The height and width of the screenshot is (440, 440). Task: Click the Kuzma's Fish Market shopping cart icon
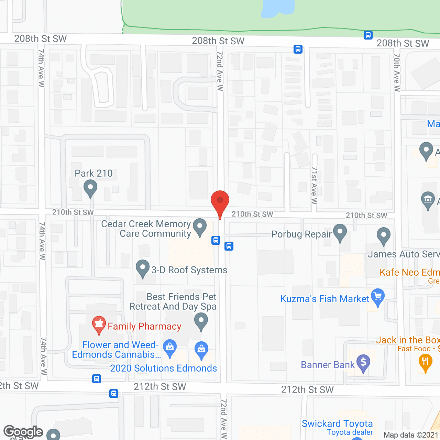[378, 297]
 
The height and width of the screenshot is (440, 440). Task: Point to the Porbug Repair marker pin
[340, 232]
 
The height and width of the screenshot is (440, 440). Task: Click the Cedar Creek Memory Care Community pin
[200, 227]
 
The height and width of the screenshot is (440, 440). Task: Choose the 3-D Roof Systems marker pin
[143, 268]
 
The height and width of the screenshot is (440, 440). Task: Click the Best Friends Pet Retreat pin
[201, 322]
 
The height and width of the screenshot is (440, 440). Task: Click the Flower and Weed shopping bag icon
[170, 348]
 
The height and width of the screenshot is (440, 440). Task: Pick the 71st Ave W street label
[314, 185]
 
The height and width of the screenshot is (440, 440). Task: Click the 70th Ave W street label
[397, 72]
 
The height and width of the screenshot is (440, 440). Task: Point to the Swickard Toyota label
[337, 423]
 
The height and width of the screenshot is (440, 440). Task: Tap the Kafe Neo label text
[409, 273]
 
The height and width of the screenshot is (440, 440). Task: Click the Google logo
[23, 432]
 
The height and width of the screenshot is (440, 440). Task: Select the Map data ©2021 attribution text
[411, 435]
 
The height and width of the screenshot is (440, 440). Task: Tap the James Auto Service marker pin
[383, 236]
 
